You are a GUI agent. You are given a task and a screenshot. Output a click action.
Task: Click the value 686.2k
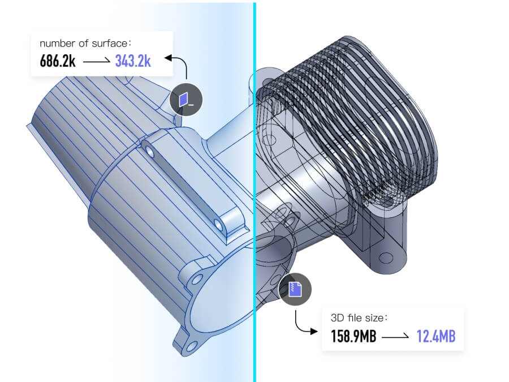tap(58, 61)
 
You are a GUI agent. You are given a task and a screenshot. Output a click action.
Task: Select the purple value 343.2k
tap(133, 61)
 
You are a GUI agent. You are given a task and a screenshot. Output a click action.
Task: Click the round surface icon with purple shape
tap(186, 100)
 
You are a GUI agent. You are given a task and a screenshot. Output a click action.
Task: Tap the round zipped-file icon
tap(295, 289)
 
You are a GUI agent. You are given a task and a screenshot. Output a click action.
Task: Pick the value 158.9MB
tap(353, 337)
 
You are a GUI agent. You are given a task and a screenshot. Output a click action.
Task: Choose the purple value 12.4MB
tap(436, 337)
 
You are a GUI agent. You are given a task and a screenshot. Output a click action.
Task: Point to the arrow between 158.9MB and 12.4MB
tap(396, 337)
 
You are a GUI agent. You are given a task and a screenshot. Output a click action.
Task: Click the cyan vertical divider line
tap(255, 170)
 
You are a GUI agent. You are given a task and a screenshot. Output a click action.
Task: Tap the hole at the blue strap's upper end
tap(149, 151)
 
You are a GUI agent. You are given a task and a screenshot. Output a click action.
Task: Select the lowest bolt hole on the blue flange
tap(191, 345)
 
